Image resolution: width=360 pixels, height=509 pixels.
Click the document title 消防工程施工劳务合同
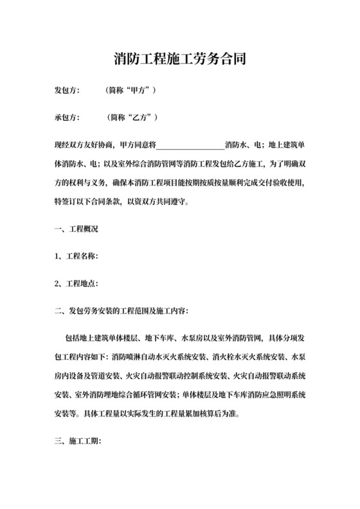point(180,60)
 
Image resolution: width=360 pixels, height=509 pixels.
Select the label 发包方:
point(67,91)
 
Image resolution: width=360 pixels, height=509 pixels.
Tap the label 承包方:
point(67,118)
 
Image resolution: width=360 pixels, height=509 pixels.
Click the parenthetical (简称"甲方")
point(131,91)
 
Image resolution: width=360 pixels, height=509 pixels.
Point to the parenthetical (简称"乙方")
point(131,118)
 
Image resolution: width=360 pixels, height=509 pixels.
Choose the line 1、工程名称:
point(76,257)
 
